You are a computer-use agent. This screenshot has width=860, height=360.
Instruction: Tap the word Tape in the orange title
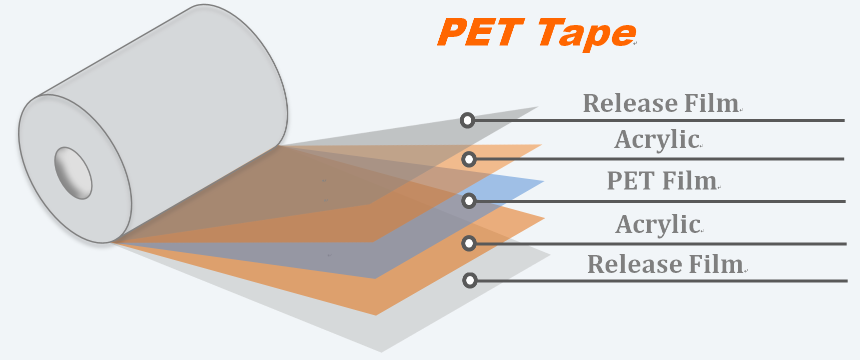pyautogui.click(x=587, y=33)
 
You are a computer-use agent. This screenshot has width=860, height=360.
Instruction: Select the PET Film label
pyautogui.click(x=662, y=180)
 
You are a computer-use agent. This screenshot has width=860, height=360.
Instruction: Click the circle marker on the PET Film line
pyautogui.click(x=469, y=201)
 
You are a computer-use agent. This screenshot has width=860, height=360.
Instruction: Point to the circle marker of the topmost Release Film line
pyautogui.click(x=467, y=120)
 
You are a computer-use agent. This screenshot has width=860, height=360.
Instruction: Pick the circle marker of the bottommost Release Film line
pyautogui.click(x=470, y=280)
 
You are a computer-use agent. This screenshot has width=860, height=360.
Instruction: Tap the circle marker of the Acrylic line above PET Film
pyautogui.click(x=469, y=159)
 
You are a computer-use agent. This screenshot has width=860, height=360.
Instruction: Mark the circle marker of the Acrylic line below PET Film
pyautogui.click(x=469, y=243)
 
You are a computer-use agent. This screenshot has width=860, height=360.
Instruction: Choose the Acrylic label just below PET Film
pyautogui.click(x=658, y=224)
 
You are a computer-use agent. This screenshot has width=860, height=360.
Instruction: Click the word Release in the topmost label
pyautogui.click(x=630, y=103)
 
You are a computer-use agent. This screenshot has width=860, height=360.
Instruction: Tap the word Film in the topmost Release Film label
pyautogui.click(x=711, y=103)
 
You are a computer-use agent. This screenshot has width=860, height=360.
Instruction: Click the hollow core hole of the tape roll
pyautogui.click(x=73, y=173)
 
